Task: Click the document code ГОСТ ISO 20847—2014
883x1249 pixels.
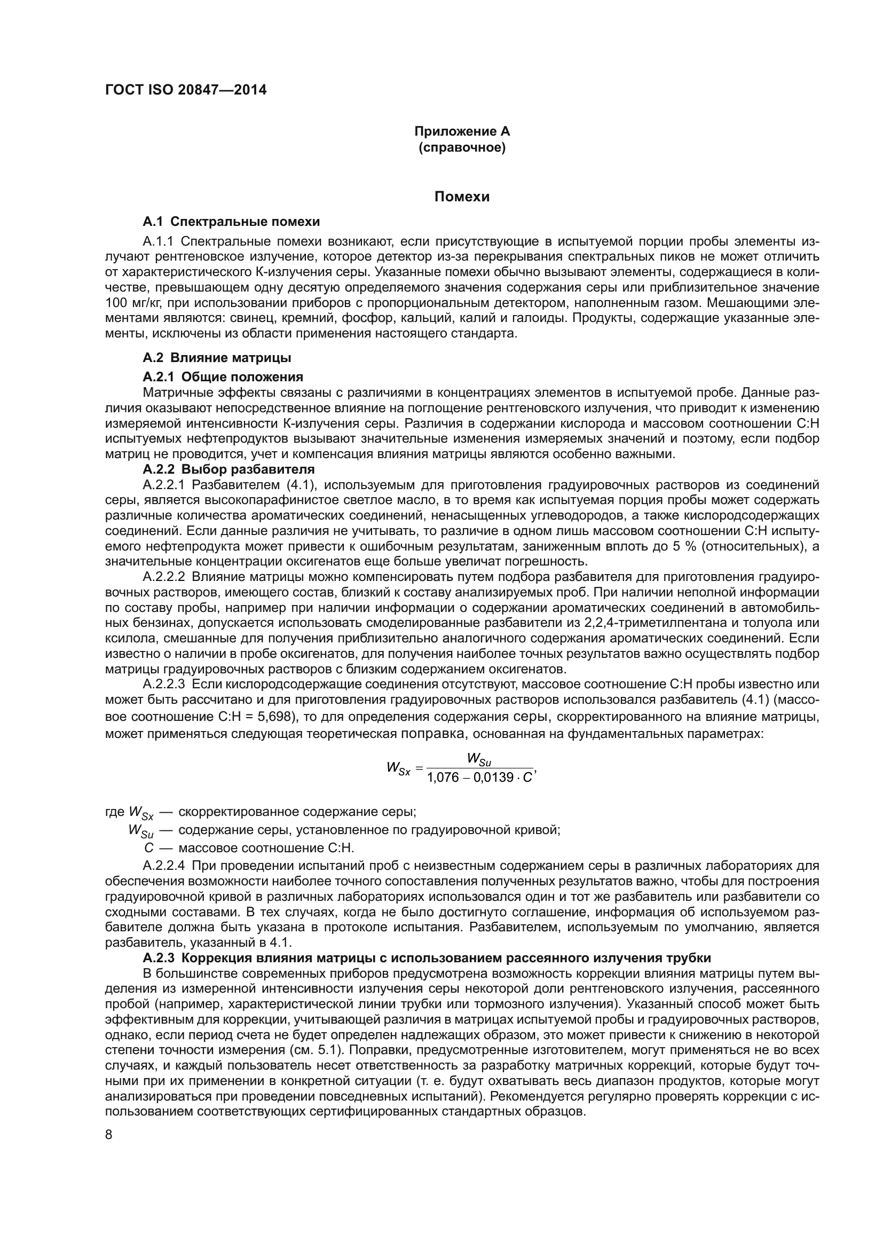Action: point(185,90)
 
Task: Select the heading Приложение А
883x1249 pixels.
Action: point(462,131)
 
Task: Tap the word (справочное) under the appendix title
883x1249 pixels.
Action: point(462,147)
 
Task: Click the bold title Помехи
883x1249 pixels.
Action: point(462,197)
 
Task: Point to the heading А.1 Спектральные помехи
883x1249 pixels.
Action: point(231,222)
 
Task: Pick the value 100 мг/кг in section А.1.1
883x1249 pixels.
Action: point(130,302)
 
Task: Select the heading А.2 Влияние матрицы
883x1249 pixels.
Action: point(216,357)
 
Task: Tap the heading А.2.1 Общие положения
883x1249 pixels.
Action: point(223,376)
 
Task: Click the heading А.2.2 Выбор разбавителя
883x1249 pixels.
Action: point(228,468)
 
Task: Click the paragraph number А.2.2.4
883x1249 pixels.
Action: point(164,866)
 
